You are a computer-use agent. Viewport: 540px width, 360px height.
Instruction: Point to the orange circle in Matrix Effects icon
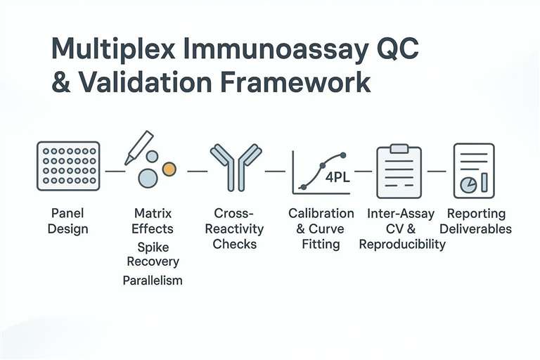pyautogui.click(x=169, y=169)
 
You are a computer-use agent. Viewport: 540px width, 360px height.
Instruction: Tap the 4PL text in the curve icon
pyautogui.click(x=337, y=177)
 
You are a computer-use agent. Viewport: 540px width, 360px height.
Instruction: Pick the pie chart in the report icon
pyautogui.click(x=468, y=184)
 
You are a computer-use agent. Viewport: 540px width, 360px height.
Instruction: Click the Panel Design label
pyautogui.click(x=69, y=221)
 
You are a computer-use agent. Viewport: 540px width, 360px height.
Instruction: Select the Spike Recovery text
pyautogui.click(x=153, y=255)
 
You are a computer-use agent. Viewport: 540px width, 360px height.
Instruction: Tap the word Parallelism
pyautogui.click(x=153, y=280)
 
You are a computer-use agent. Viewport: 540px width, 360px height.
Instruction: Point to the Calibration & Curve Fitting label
pyautogui.click(x=321, y=229)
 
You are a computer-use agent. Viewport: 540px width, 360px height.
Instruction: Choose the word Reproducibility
pyautogui.click(x=402, y=244)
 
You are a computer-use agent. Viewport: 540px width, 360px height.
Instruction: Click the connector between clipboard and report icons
pyautogui.click(x=437, y=170)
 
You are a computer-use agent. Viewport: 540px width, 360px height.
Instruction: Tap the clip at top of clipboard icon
pyautogui.click(x=399, y=148)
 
